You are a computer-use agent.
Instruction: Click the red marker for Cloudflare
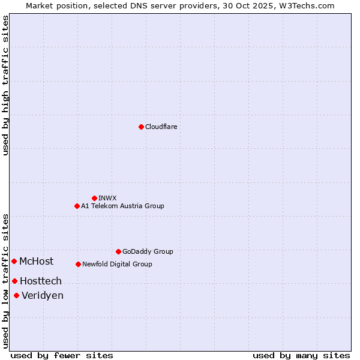141,127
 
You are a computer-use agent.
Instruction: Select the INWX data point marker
94,198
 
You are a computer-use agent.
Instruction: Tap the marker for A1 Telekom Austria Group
77,206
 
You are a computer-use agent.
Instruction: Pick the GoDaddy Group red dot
118,251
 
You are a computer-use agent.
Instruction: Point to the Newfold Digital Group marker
78,264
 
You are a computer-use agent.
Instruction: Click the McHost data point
14,261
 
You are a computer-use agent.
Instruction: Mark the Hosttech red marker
14,281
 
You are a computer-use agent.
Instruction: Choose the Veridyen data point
16,295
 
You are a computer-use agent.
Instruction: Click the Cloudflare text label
161,127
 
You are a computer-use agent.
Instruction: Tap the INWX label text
107,198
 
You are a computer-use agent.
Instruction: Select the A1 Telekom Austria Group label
122,206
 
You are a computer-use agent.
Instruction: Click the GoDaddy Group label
148,251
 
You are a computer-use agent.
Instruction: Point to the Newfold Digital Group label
117,264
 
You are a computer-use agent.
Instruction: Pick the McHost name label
36,261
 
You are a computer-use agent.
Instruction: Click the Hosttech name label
40,281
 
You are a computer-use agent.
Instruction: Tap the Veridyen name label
42,295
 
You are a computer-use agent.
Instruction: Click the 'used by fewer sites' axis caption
62,355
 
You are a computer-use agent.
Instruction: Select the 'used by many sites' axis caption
301,355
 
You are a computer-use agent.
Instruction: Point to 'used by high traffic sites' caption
5,85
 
